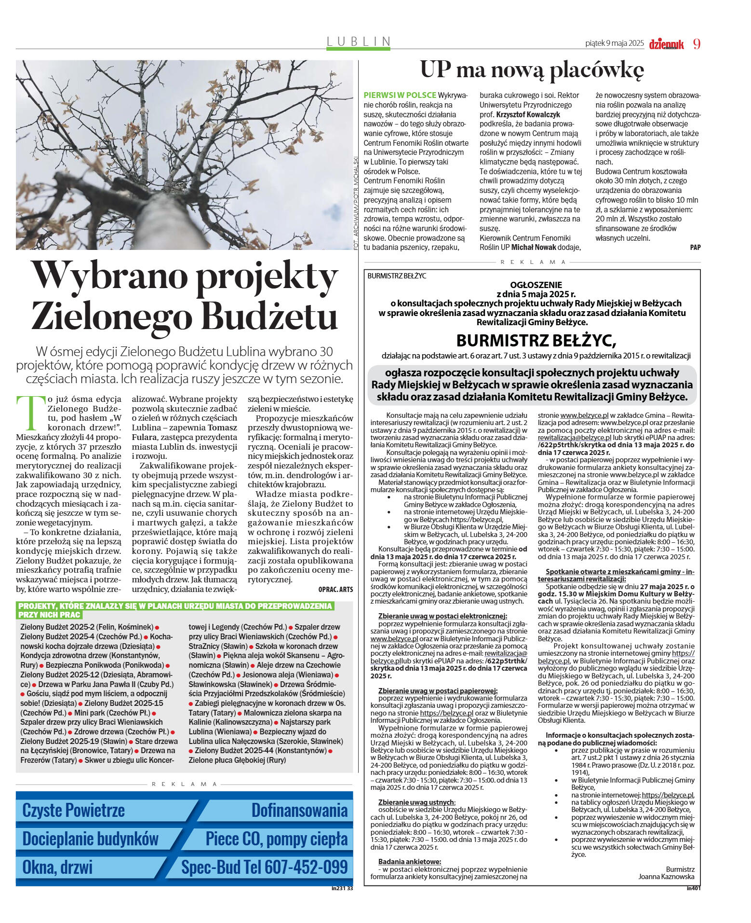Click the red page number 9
697,43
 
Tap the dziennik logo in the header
666,44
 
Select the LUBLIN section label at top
358,41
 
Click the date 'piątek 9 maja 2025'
614,43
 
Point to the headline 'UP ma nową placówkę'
532,70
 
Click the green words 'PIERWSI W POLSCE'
400,95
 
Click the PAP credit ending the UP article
695,247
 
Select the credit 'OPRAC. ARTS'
335,589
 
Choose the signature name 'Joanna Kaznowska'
666,876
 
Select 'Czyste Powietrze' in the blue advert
73,810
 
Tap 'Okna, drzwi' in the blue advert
57,867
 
